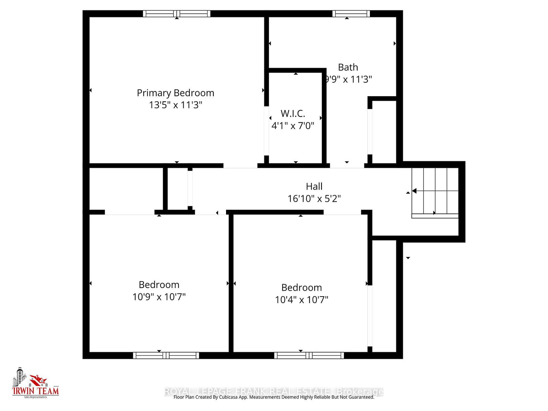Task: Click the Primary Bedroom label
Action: click(175, 93)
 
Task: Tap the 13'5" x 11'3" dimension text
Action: click(175, 105)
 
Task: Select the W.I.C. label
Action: click(292, 113)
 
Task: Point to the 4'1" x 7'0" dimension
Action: click(292, 126)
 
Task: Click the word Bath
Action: click(348, 67)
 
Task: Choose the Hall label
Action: click(314, 186)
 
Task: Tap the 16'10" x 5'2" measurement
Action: click(314, 199)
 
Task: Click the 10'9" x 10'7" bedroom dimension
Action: click(159, 297)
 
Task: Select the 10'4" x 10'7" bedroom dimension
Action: click(301, 300)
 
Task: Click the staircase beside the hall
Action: click(435, 192)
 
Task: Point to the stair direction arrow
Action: click(414, 191)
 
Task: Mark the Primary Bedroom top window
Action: click(176, 14)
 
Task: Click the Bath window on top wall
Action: click(351, 14)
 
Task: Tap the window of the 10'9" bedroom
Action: click(166, 355)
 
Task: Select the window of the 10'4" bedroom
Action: click(309, 355)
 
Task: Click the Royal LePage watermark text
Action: click(274, 391)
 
